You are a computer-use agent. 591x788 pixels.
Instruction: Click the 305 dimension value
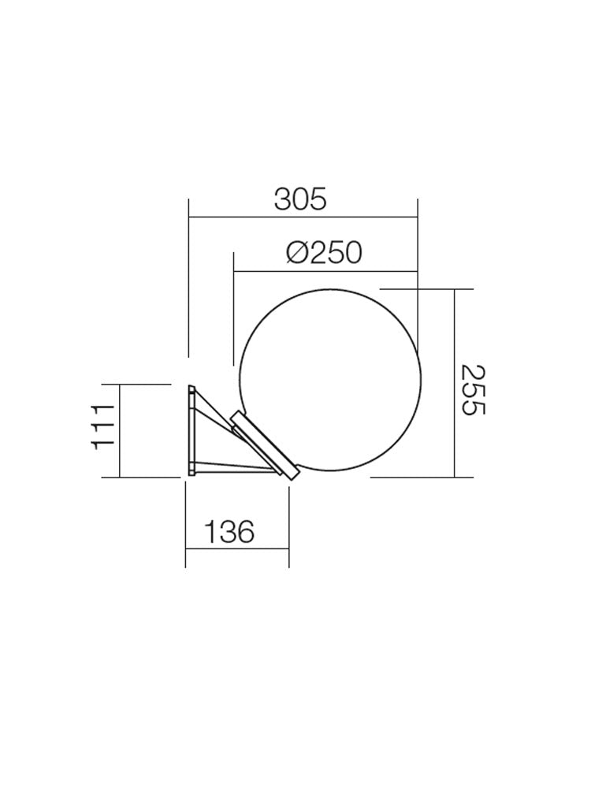[300, 199]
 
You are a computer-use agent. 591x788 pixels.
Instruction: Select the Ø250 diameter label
[324, 253]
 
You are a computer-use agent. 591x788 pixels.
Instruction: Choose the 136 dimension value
[229, 533]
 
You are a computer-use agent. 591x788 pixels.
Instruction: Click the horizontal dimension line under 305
[303, 217]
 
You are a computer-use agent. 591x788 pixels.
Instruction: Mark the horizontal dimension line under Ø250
[325, 272]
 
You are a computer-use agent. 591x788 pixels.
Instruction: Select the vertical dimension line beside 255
[455, 383]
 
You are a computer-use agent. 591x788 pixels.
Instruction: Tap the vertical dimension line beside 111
[119, 430]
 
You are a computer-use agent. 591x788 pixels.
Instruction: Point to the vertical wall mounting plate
[191, 430]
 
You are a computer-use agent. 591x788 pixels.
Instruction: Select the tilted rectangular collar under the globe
[264, 445]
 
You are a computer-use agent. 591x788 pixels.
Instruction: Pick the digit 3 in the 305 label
[283, 199]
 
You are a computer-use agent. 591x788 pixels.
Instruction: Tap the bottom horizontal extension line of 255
[422, 478]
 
